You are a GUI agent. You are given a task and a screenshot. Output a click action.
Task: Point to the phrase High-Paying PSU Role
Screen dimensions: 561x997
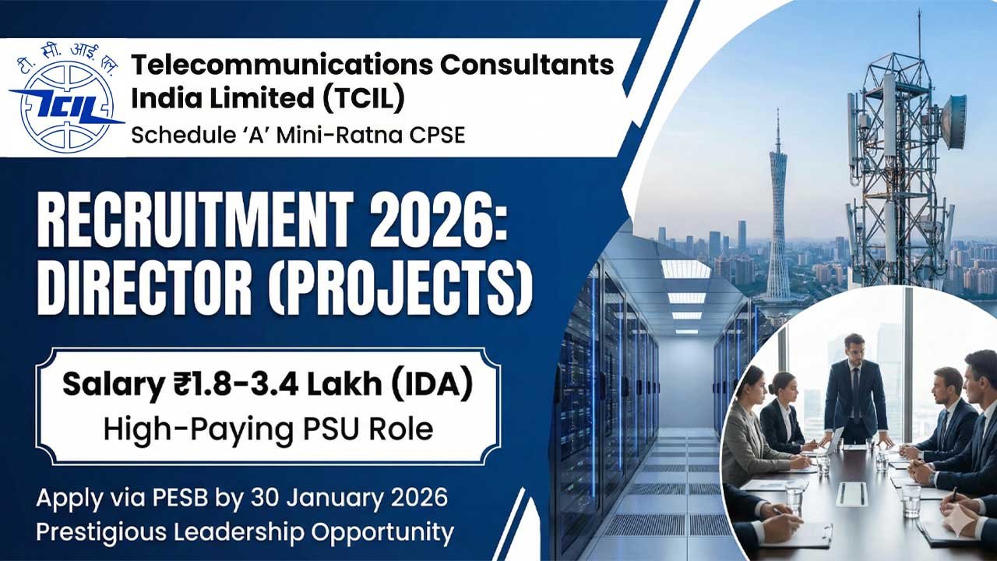[x=268, y=428]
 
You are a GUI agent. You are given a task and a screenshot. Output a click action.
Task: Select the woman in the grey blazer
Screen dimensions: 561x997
[x=749, y=429]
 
